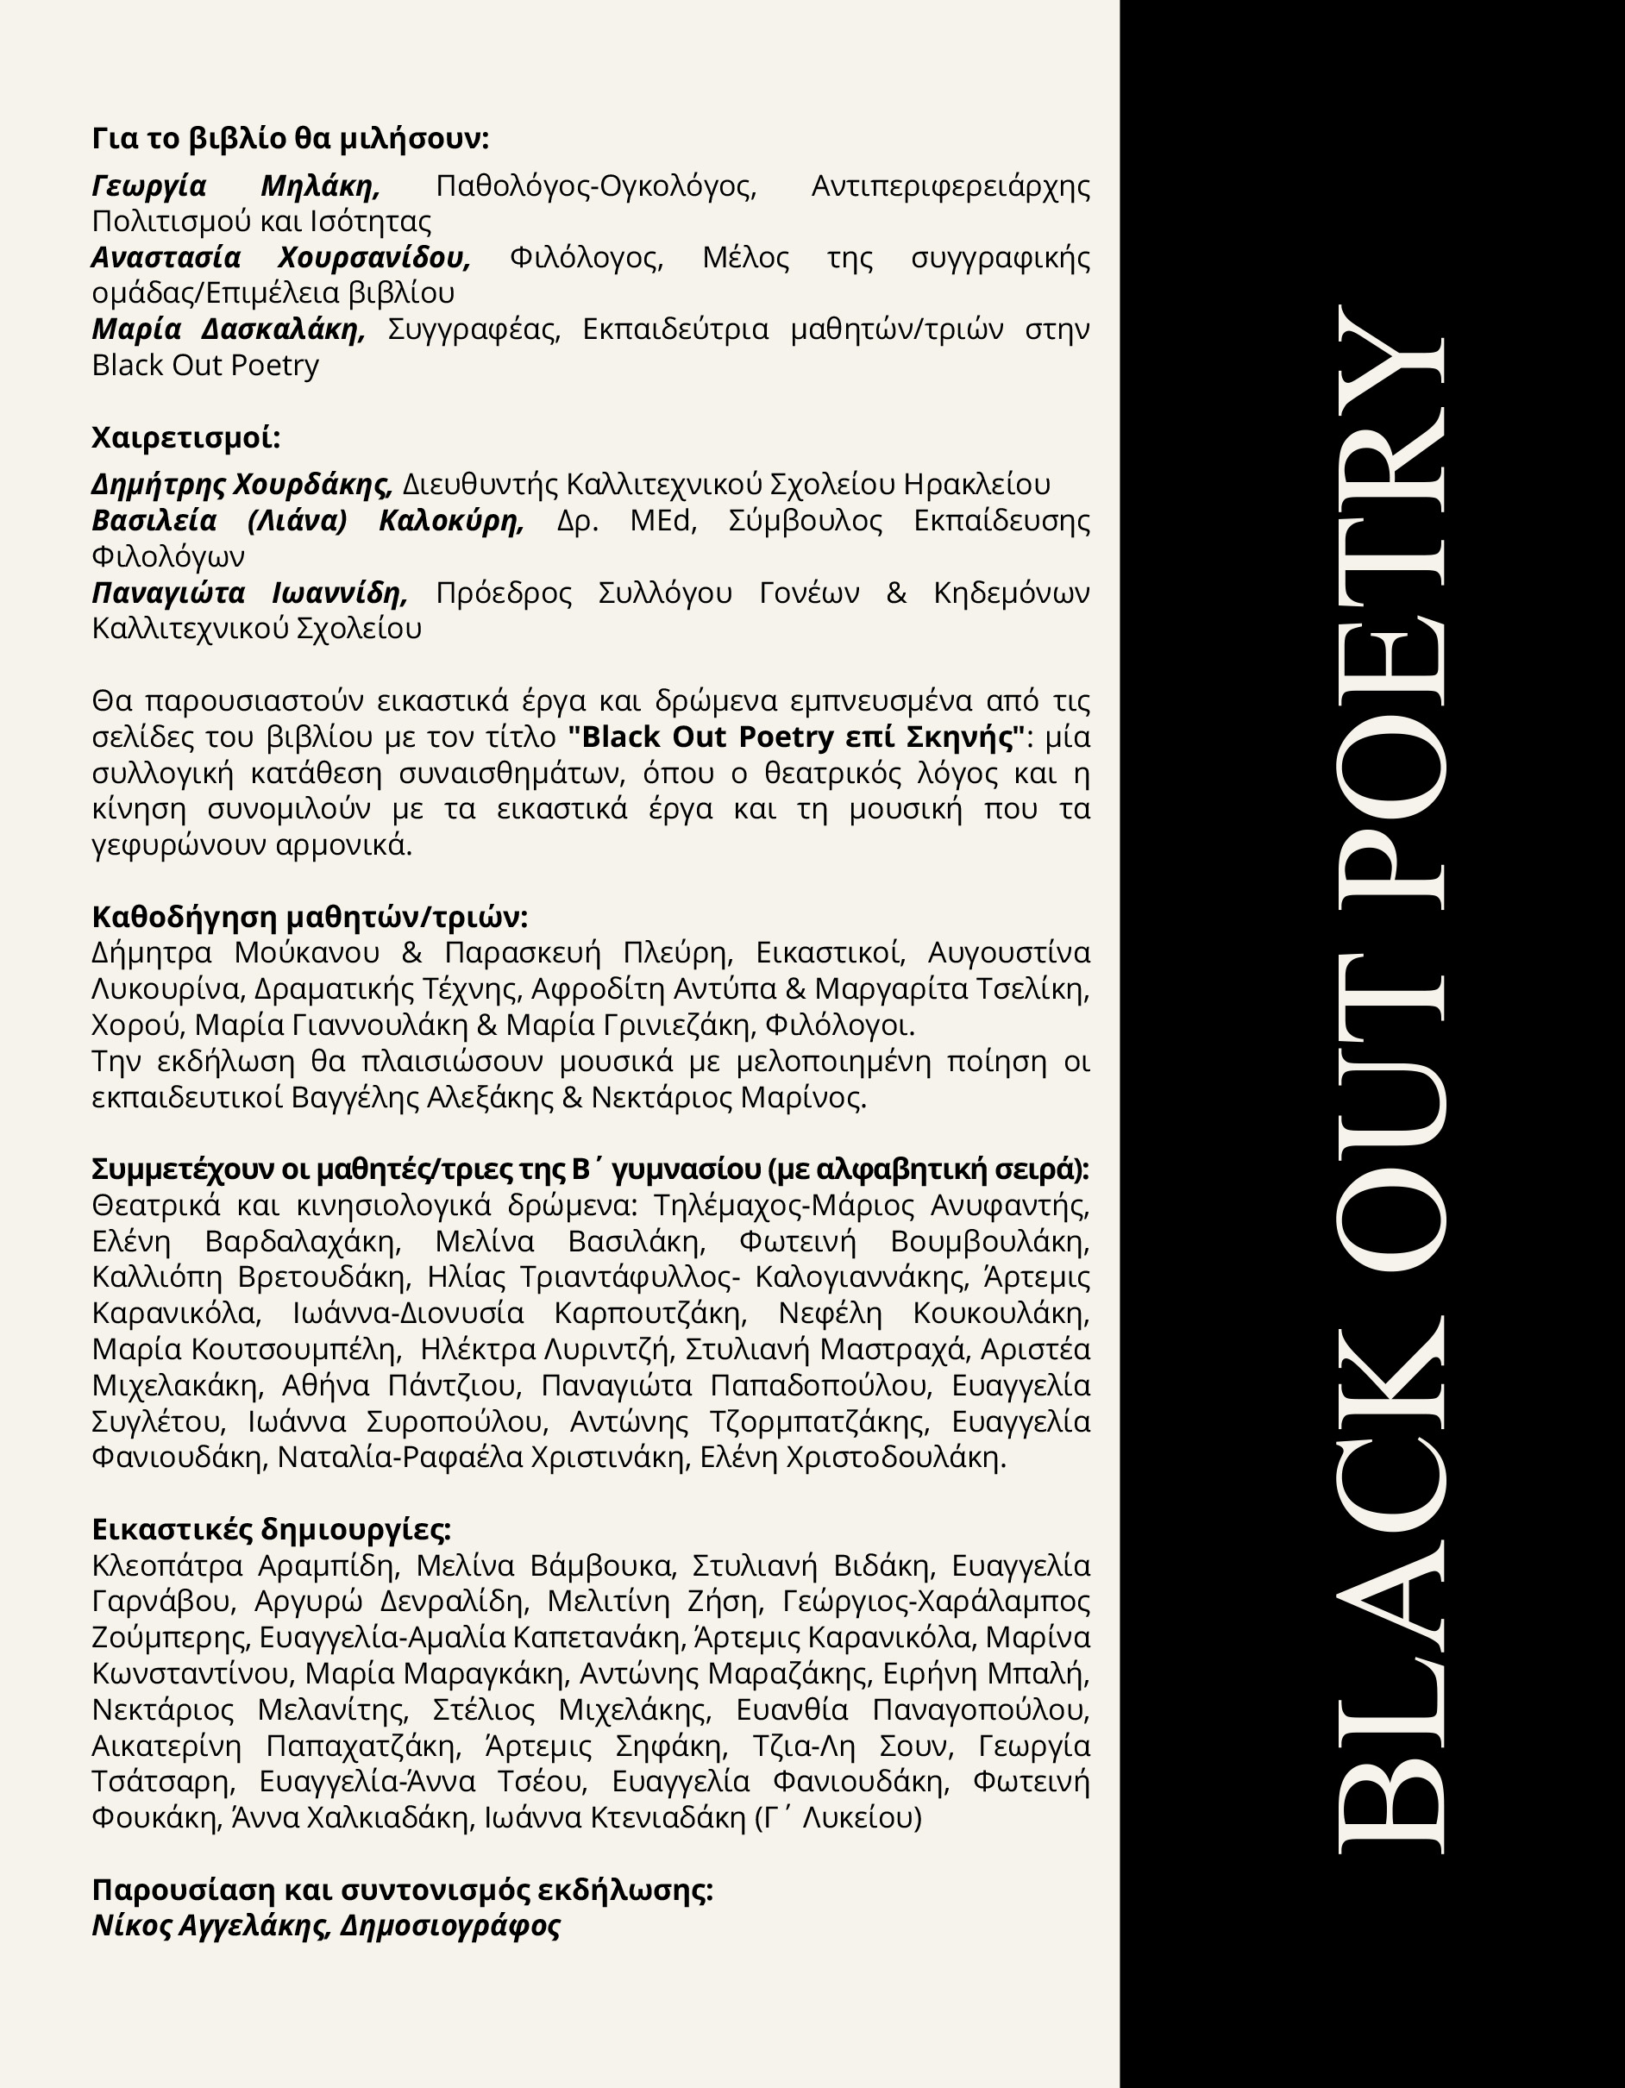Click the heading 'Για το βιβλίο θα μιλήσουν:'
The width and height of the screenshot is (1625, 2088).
click(290, 140)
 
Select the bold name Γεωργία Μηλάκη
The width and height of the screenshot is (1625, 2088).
click(235, 185)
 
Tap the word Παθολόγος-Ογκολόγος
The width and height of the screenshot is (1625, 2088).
click(595, 185)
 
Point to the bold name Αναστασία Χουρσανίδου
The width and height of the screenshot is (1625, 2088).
click(281, 258)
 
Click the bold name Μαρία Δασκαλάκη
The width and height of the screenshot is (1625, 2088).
click(229, 329)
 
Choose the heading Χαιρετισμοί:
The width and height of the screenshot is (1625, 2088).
click(185, 438)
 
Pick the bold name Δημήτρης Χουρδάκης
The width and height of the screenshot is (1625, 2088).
click(242, 485)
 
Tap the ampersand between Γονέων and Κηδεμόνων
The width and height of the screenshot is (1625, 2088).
click(895, 593)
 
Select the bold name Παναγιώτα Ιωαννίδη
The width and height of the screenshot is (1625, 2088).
click(249, 593)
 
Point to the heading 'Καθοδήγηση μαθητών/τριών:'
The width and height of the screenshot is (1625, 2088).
click(309, 917)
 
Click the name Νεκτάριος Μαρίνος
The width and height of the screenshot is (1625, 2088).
click(727, 1098)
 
